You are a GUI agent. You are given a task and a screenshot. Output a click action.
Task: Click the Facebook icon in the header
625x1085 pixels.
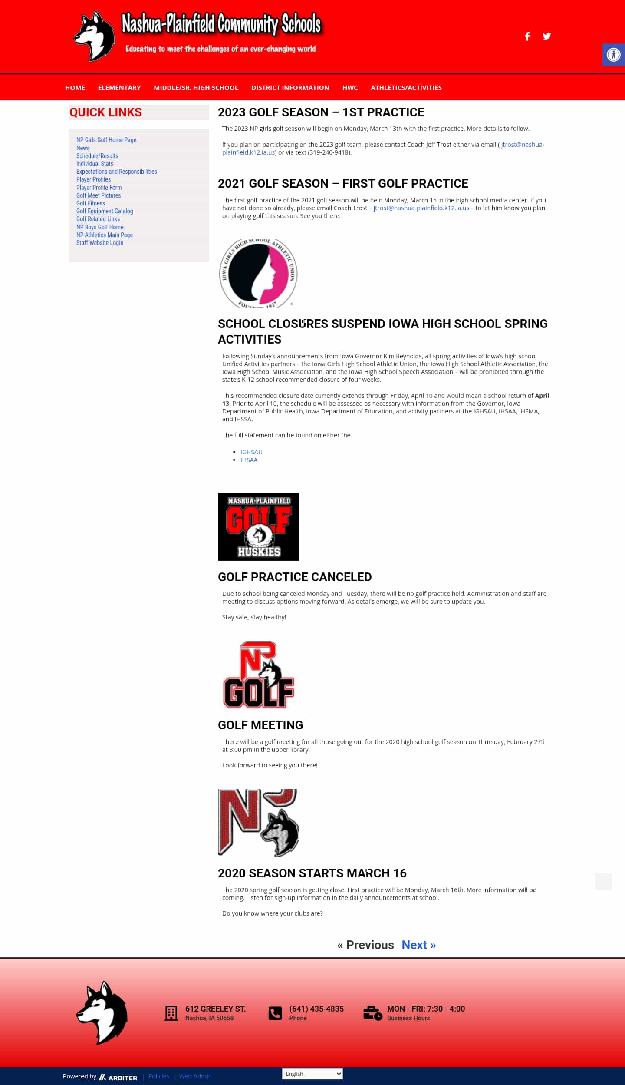pos(527,36)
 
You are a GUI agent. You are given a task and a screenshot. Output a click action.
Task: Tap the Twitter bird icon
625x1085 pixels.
pos(547,36)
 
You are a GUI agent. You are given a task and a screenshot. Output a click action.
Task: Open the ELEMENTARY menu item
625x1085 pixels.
pos(119,88)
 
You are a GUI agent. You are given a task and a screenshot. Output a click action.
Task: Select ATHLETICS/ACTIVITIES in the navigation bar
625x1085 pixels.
pos(406,88)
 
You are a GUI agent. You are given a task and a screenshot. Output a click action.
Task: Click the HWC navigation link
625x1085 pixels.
pos(350,88)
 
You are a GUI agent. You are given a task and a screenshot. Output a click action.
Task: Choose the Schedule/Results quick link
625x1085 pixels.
pos(97,156)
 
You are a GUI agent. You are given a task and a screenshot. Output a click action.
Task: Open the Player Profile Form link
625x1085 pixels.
pos(99,188)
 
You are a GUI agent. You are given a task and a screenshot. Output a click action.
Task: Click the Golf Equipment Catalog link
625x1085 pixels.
pos(105,211)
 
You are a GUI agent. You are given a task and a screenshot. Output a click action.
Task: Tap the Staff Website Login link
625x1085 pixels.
pos(100,243)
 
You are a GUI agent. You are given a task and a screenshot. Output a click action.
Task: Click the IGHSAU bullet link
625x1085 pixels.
pos(251,452)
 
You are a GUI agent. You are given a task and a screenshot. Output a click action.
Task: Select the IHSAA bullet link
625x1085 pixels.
pos(249,460)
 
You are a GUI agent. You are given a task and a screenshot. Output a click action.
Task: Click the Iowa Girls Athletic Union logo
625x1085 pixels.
pos(258,273)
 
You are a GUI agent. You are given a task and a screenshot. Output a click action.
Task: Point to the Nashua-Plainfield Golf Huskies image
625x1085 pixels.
pos(258,526)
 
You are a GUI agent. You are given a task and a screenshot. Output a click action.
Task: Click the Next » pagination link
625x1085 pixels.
pos(418,945)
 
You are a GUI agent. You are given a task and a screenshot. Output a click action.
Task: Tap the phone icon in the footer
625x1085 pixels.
pos(275,1013)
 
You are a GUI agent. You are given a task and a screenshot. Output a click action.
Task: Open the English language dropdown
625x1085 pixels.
pos(312,1074)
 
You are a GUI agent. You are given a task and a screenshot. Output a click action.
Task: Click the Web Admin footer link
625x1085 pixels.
pos(195,1076)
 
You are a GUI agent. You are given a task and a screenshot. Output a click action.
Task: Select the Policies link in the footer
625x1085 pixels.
pos(159,1076)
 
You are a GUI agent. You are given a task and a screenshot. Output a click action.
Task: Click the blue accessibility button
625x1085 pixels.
pos(613,55)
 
